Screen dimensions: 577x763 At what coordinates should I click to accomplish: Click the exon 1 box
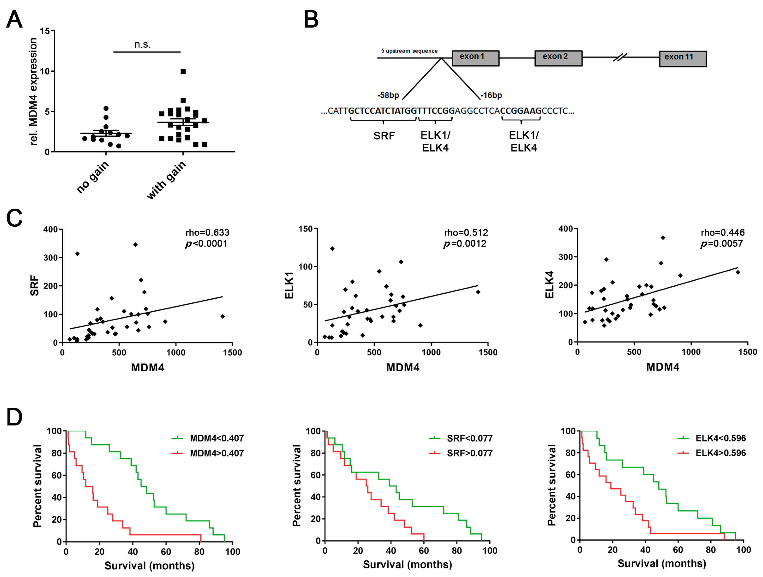(475, 58)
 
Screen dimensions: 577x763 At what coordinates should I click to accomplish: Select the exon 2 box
(558, 58)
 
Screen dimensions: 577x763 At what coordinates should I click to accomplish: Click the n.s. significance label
(142, 44)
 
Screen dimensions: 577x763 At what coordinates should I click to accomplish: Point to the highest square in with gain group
(183, 71)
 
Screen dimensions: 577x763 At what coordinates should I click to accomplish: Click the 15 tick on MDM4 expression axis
(45, 31)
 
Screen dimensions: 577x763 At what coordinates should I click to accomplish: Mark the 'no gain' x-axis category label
(92, 177)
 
